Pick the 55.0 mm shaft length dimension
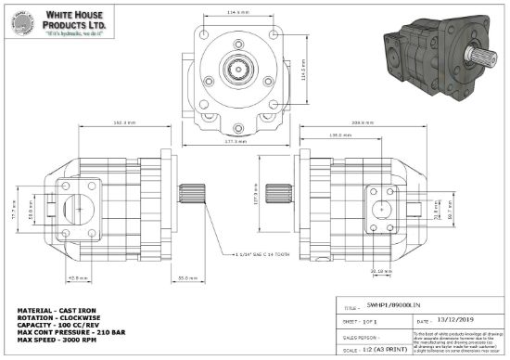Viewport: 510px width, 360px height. click(x=185, y=277)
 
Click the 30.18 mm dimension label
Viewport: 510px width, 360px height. click(x=376, y=272)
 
